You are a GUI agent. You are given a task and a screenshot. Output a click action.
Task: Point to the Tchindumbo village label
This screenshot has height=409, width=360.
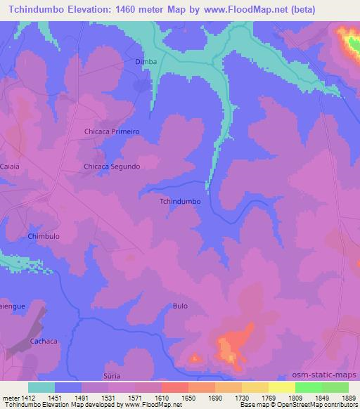pos(181,201)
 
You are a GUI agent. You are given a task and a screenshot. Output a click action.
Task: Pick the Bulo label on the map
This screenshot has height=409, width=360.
pos(179,306)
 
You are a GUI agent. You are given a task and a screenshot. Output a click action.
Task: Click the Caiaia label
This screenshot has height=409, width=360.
pos(11,167)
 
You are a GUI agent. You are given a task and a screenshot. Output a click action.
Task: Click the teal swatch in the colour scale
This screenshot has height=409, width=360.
pos(41,387)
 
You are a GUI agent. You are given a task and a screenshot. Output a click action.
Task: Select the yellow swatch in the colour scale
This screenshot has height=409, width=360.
pos(281,387)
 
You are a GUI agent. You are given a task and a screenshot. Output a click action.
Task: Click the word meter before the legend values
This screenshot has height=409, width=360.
pos(10,397)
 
